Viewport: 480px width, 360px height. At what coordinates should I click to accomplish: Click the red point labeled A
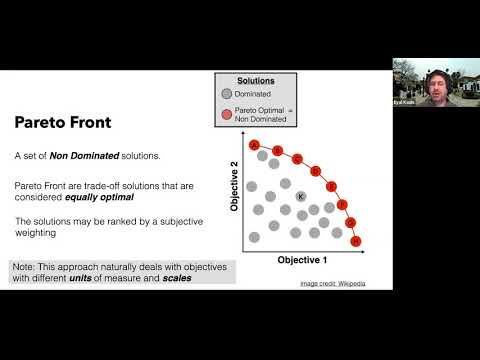click(x=255, y=146)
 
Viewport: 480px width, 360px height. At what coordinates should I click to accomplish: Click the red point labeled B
click(x=277, y=151)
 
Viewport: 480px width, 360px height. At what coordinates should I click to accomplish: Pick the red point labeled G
click(x=351, y=223)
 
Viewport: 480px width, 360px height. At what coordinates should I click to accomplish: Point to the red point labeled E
click(x=332, y=185)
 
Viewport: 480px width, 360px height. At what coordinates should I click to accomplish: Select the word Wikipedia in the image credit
click(x=350, y=284)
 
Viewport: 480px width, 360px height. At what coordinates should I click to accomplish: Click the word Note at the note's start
click(x=24, y=266)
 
